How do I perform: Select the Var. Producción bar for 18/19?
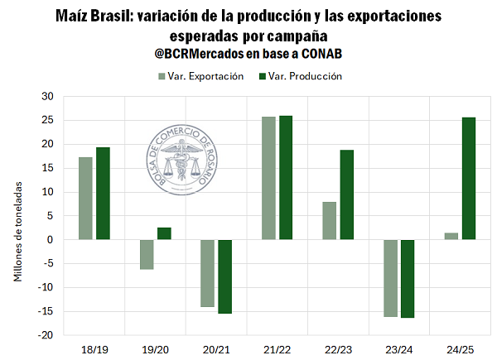pyautogui.click(x=103, y=194)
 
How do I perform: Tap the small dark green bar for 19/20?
pyautogui.click(x=164, y=233)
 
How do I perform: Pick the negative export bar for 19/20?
pyautogui.click(x=147, y=254)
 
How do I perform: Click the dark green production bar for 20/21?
pyautogui.click(x=224, y=276)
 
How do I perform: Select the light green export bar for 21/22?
pyautogui.click(x=268, y=178)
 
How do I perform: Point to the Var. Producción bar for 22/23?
pyautogui.click(x=346, y=195)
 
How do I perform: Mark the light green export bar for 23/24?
pyautogui.click(x=390, y=278)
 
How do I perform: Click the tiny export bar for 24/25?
pyautogui.click(x=451, y=237)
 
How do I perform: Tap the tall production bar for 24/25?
pyautogui.click(x=469, y=179)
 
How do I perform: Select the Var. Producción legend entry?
pyautogui.click(x=301, y=76)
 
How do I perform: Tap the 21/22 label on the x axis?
pyautogui.click(x=277, y=348)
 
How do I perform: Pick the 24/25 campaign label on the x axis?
pyautogui.click(x=460, y=348)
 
